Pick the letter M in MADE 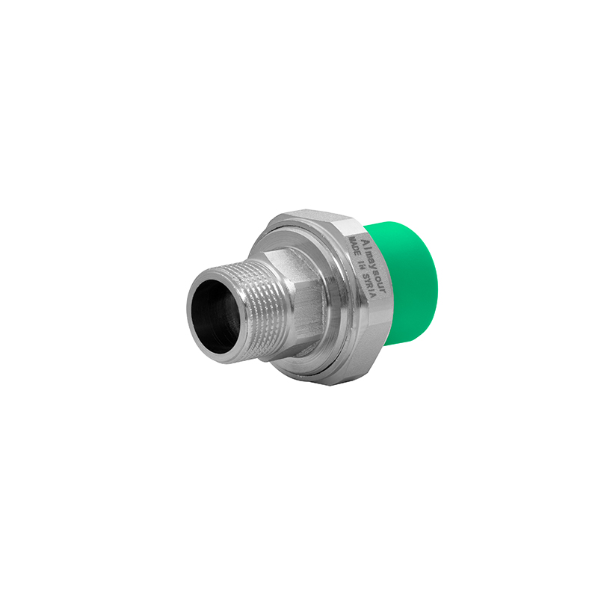(x=352, y=239)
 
